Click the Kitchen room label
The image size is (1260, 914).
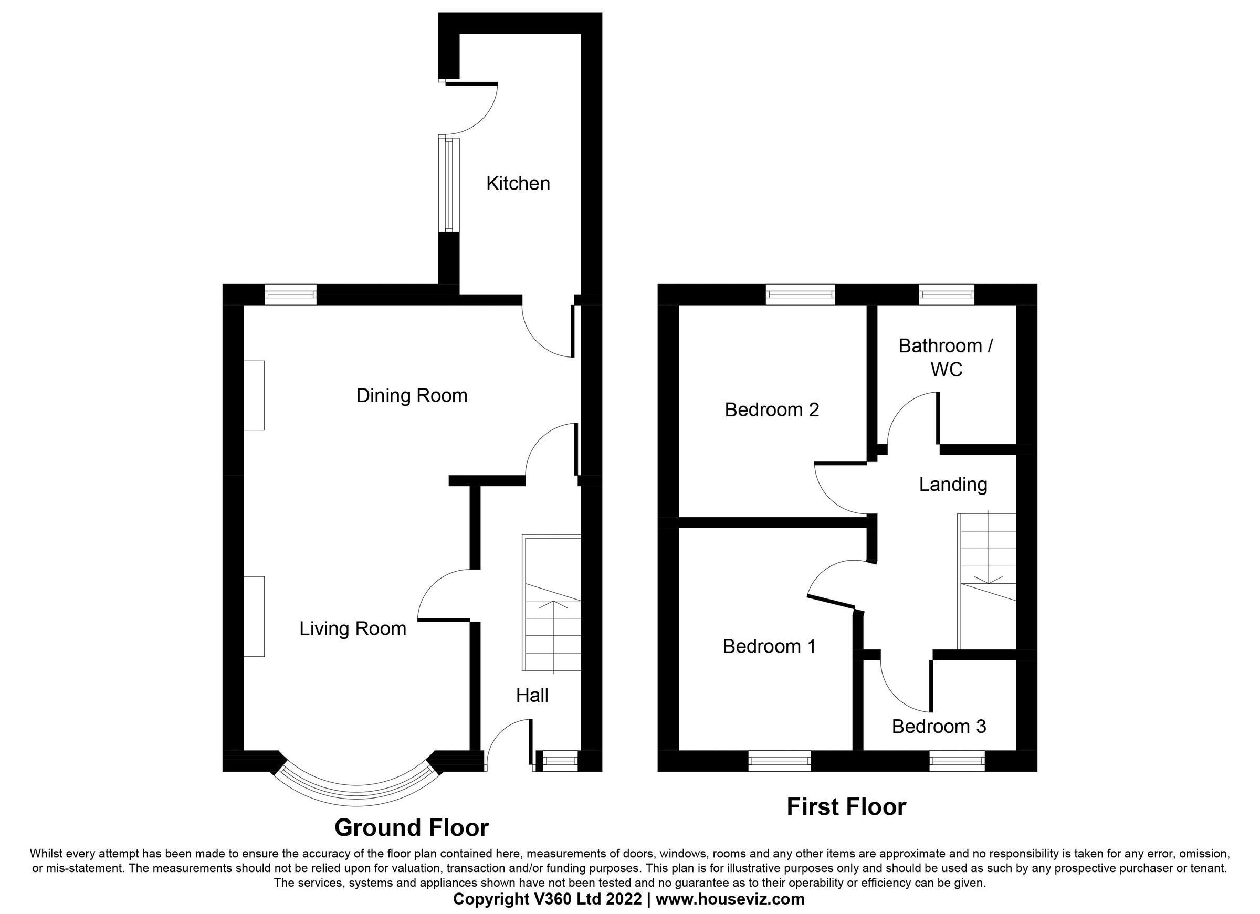pos(518,183)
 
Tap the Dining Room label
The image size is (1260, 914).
pos(412,396)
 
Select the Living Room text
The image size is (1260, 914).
pos(353,628)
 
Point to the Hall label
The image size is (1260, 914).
pos(532,695)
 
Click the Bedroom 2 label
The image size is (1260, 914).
pos(772,410)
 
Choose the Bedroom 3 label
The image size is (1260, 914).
pos(939,726)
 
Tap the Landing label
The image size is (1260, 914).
pos(953,485)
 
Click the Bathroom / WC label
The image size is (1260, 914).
pos(946,358)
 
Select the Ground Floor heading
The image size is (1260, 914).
pos(411,827)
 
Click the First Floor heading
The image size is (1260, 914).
pos(846,807)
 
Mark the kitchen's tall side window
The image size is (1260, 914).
pos(449,184)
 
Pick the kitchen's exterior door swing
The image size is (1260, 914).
pos(472,109)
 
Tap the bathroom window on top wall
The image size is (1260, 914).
pos(947,295)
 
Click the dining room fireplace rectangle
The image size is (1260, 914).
pos(254,395)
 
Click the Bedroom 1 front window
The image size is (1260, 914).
pos(780,761)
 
